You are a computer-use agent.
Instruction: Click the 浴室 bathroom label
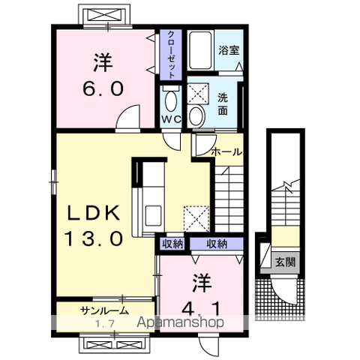[x=229, y=50]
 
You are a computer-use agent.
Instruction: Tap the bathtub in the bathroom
[x=200, y=50]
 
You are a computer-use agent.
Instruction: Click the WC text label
[x=171, y=119]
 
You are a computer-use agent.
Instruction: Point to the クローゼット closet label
[x=171, y=55]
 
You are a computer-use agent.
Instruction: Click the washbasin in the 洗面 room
[x=196, y=116]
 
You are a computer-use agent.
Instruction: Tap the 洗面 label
[x=223, y=104]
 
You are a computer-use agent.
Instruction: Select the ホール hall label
[x=227, y=151]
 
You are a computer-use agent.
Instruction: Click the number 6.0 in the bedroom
[x=103, y=89]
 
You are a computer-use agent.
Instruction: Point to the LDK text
[x=94, y=213]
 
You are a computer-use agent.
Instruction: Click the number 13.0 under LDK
[x=94, y=238]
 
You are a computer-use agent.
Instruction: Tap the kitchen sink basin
[x=153, y=212]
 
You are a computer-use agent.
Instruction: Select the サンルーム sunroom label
[x=105, y=310]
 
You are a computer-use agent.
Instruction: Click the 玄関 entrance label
[x=285, y=262]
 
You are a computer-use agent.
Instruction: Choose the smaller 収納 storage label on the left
[x=172, y=244]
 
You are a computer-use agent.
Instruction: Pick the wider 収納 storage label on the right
[x=217, y=244]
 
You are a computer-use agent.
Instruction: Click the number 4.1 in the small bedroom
[x=202, y=308]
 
